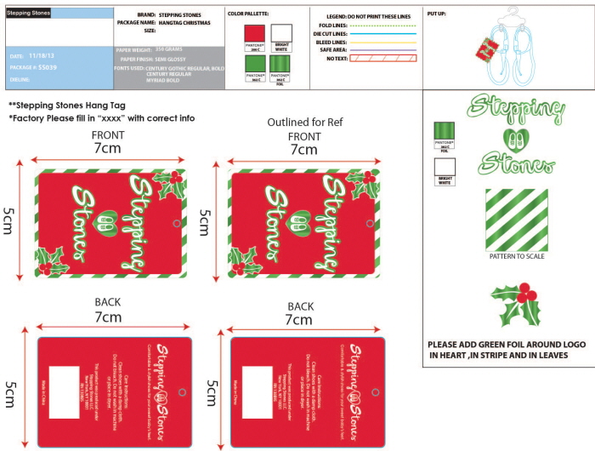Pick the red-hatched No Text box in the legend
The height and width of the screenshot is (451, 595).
point(383,58)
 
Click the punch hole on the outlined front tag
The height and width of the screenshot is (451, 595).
point(368,224)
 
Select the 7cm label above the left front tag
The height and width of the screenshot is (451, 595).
point(107,148)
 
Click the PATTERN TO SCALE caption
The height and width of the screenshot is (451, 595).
point(517,256)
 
